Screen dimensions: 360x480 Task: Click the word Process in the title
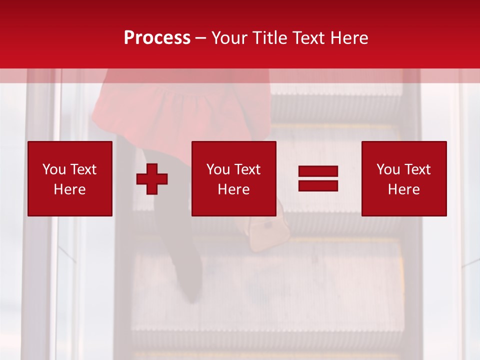(x=157, y=37)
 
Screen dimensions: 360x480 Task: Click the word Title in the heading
(x=270, y=37)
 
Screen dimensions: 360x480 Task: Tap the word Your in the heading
(x=230, y=37)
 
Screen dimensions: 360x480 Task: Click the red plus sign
(x=152, y=179)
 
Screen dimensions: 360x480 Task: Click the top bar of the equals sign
(x=318, y=171)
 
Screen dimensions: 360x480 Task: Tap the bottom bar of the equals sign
(x=318, y=186)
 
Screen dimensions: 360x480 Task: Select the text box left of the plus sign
(x=70, y=178)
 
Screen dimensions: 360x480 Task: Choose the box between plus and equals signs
(x=233, y=178)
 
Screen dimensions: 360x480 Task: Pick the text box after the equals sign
(x=404, y=178)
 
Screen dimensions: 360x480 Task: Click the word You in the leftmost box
(x=54, y=169)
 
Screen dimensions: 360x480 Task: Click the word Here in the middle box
(x=233, y=189)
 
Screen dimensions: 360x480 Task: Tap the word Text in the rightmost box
(x=417, y=169)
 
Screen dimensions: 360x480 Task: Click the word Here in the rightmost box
(x=404, y=189)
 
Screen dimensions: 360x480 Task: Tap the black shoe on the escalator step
(x=190, y=285)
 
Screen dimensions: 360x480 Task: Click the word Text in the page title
(x=307, y=37)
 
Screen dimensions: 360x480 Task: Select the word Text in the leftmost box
(x=83, y=169)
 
